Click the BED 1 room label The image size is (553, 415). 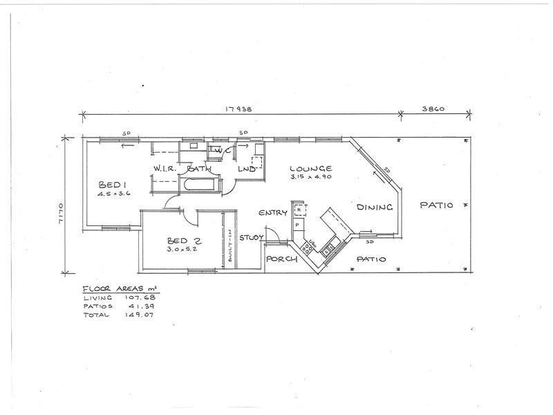coord(111,185)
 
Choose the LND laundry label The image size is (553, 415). coord(248,169)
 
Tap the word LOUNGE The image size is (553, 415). coord(310,168)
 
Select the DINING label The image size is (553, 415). coord(375,207)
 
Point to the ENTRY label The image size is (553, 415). coord(272,213)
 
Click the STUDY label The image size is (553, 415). coord(252,238)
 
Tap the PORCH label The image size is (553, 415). coord(281,259)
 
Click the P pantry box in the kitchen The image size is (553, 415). coord(297,225)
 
